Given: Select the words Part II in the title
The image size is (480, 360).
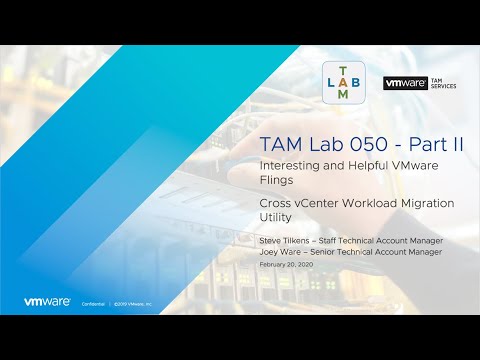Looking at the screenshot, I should [431, 143].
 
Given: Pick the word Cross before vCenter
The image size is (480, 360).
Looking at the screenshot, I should [276, 203].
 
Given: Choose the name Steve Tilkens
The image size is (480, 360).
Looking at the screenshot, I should [284, 241].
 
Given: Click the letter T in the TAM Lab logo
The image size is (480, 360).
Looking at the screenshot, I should [345, 67].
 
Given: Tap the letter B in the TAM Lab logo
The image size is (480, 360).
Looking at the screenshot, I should [359, 81].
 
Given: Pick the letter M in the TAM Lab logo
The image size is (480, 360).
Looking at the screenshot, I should [345, 95].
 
